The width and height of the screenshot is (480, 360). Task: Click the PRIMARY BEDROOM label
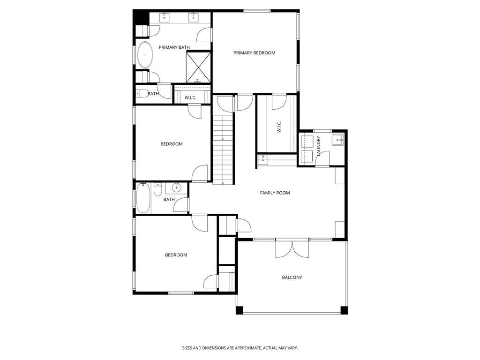pyautogui.click(x=255, y=53)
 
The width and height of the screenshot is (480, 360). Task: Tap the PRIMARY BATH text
pyautogui.click(x=174, y=47)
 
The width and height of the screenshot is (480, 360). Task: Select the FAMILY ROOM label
pyautogui.click(x=275, y=193)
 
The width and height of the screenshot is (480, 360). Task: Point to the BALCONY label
pyautogui.click(x=292, y=277)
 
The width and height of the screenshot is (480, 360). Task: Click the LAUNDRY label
pyautogui.click(x=319, y=146)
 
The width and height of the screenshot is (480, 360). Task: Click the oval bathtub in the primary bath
pyautogui.click(x=145, y=55)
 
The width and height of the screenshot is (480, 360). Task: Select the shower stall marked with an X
pyautogui.click(x=199, y=67)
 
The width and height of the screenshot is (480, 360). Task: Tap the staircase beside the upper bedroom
pyautogui.click(x=223, y=149)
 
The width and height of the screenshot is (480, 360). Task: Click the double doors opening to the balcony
pyautogui.click(x=292, y=249)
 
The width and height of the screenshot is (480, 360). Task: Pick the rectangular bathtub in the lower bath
pyautogui.click(x=143, y=197)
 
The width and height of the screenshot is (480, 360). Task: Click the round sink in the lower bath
pyautogui.click(x=177, y=187)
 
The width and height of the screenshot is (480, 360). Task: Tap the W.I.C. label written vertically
pyautogui.click(x=279, y=127)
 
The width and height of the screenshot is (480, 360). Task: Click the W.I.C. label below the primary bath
pyautogui.click(x=190, y=98)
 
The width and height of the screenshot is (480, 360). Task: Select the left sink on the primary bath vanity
pyautogui.click(x=165, y=17)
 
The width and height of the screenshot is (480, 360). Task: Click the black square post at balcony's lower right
pyautogui.click(x=344, y=310)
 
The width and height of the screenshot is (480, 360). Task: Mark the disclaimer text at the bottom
pyautogui.click(x=240, y=348)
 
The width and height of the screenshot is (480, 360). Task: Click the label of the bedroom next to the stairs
pyautogui.click(x=172, y=144)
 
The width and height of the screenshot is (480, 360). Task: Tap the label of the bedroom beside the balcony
pyautogui.click(x=176, y=255)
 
